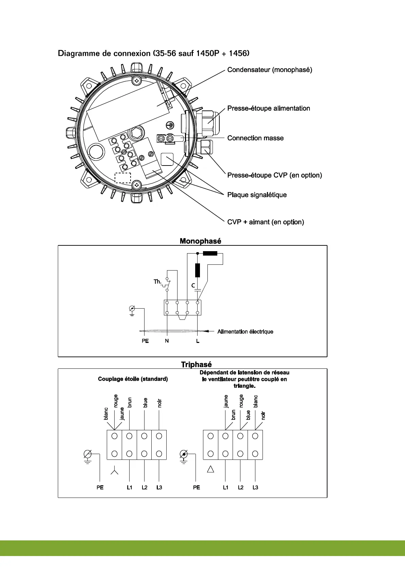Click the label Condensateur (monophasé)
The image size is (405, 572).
pos(269,70)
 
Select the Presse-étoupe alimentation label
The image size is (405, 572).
pos(269,108)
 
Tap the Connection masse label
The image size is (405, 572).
pos(255,138)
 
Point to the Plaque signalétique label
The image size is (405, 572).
pos(257,195)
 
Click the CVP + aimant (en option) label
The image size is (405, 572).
pos(266,222)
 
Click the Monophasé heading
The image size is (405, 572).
pos(200,241)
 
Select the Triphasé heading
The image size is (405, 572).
pos(196,365)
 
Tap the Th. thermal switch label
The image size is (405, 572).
pos(157,282)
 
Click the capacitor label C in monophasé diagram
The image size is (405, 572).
pos(193,285)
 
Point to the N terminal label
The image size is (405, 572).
pos(167,341)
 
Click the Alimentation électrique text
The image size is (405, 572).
pos(245,331)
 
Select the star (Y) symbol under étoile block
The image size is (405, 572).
pos(115,471)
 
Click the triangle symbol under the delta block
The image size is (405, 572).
pos(210,469)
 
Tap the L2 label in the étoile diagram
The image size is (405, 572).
pos(145,487)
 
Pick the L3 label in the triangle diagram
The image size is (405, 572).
pos(255,487)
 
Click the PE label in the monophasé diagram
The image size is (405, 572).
pos(145,341)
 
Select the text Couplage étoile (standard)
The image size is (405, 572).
pos(133,379)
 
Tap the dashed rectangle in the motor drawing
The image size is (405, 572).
pos(123,178)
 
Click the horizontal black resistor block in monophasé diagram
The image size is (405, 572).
pos(210,253)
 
